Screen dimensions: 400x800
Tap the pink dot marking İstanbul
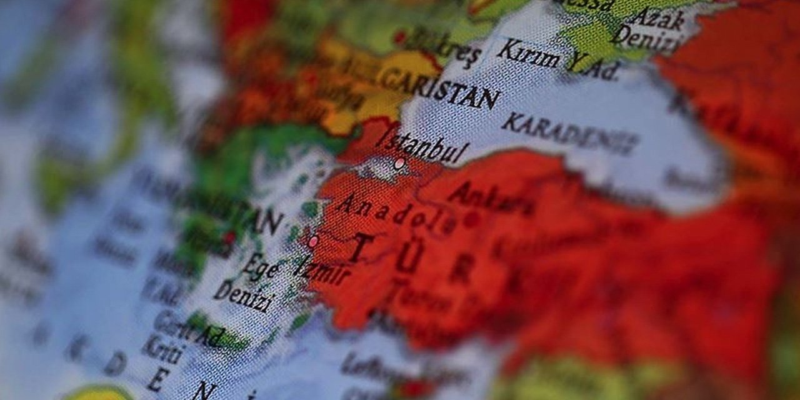coord(399,164)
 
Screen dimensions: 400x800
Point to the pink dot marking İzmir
coord(313,241)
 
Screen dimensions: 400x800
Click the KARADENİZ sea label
coord(569,133)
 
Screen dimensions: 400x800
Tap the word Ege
coord(261,267)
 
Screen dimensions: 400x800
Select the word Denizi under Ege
coord(243,295)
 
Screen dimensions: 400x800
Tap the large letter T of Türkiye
coord(361,247)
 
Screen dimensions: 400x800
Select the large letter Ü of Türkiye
coord(409,256)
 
